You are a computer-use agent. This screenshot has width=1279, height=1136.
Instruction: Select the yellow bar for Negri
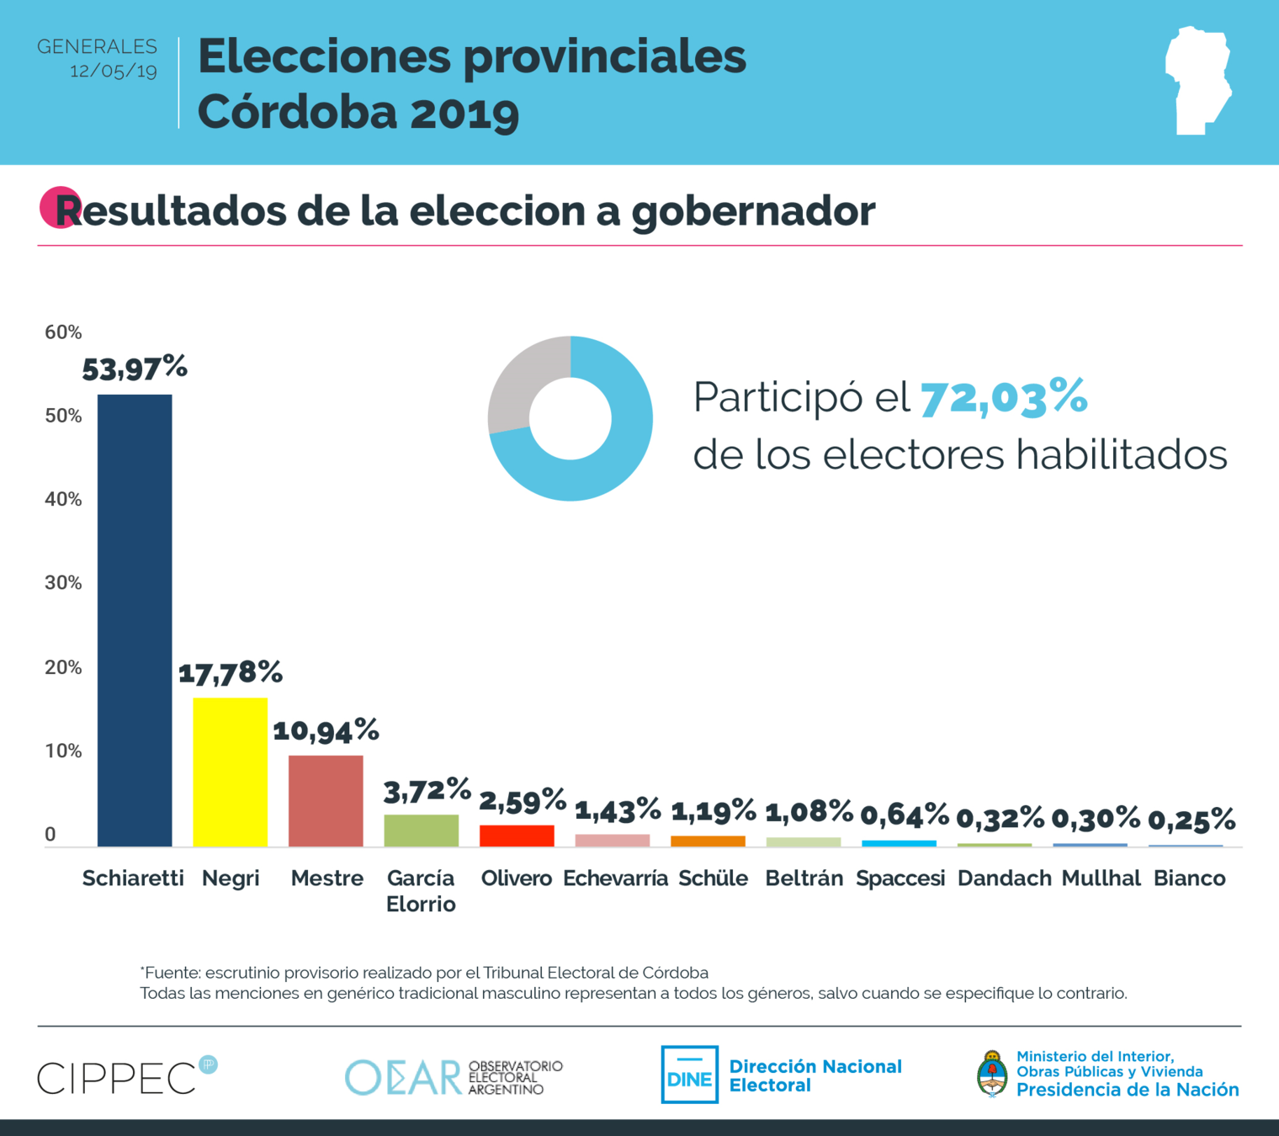230,772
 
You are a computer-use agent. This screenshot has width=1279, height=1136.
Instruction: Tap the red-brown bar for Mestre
326,800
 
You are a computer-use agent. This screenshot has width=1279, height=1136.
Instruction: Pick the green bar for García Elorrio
421,830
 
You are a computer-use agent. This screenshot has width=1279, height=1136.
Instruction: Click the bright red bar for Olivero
517,836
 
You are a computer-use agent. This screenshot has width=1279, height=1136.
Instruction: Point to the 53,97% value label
135,368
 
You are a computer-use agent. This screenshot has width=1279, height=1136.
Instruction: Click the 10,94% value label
326,730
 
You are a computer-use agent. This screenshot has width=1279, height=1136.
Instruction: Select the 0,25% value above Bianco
1191,819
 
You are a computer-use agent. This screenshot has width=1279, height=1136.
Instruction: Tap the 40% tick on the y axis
63,500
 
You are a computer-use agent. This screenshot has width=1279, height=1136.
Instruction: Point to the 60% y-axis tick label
63,332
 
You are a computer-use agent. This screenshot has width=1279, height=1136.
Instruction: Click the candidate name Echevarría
615,879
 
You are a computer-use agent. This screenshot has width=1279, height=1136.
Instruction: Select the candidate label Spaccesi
900,879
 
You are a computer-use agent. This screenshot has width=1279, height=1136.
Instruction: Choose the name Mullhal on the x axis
1101,879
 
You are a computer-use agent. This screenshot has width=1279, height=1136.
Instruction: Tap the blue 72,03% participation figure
1004,397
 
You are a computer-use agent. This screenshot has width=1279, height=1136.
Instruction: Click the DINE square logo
689,1075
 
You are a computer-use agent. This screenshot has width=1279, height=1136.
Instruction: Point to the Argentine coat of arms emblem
993,1075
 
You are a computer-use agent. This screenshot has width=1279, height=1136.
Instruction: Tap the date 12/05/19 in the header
114,71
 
